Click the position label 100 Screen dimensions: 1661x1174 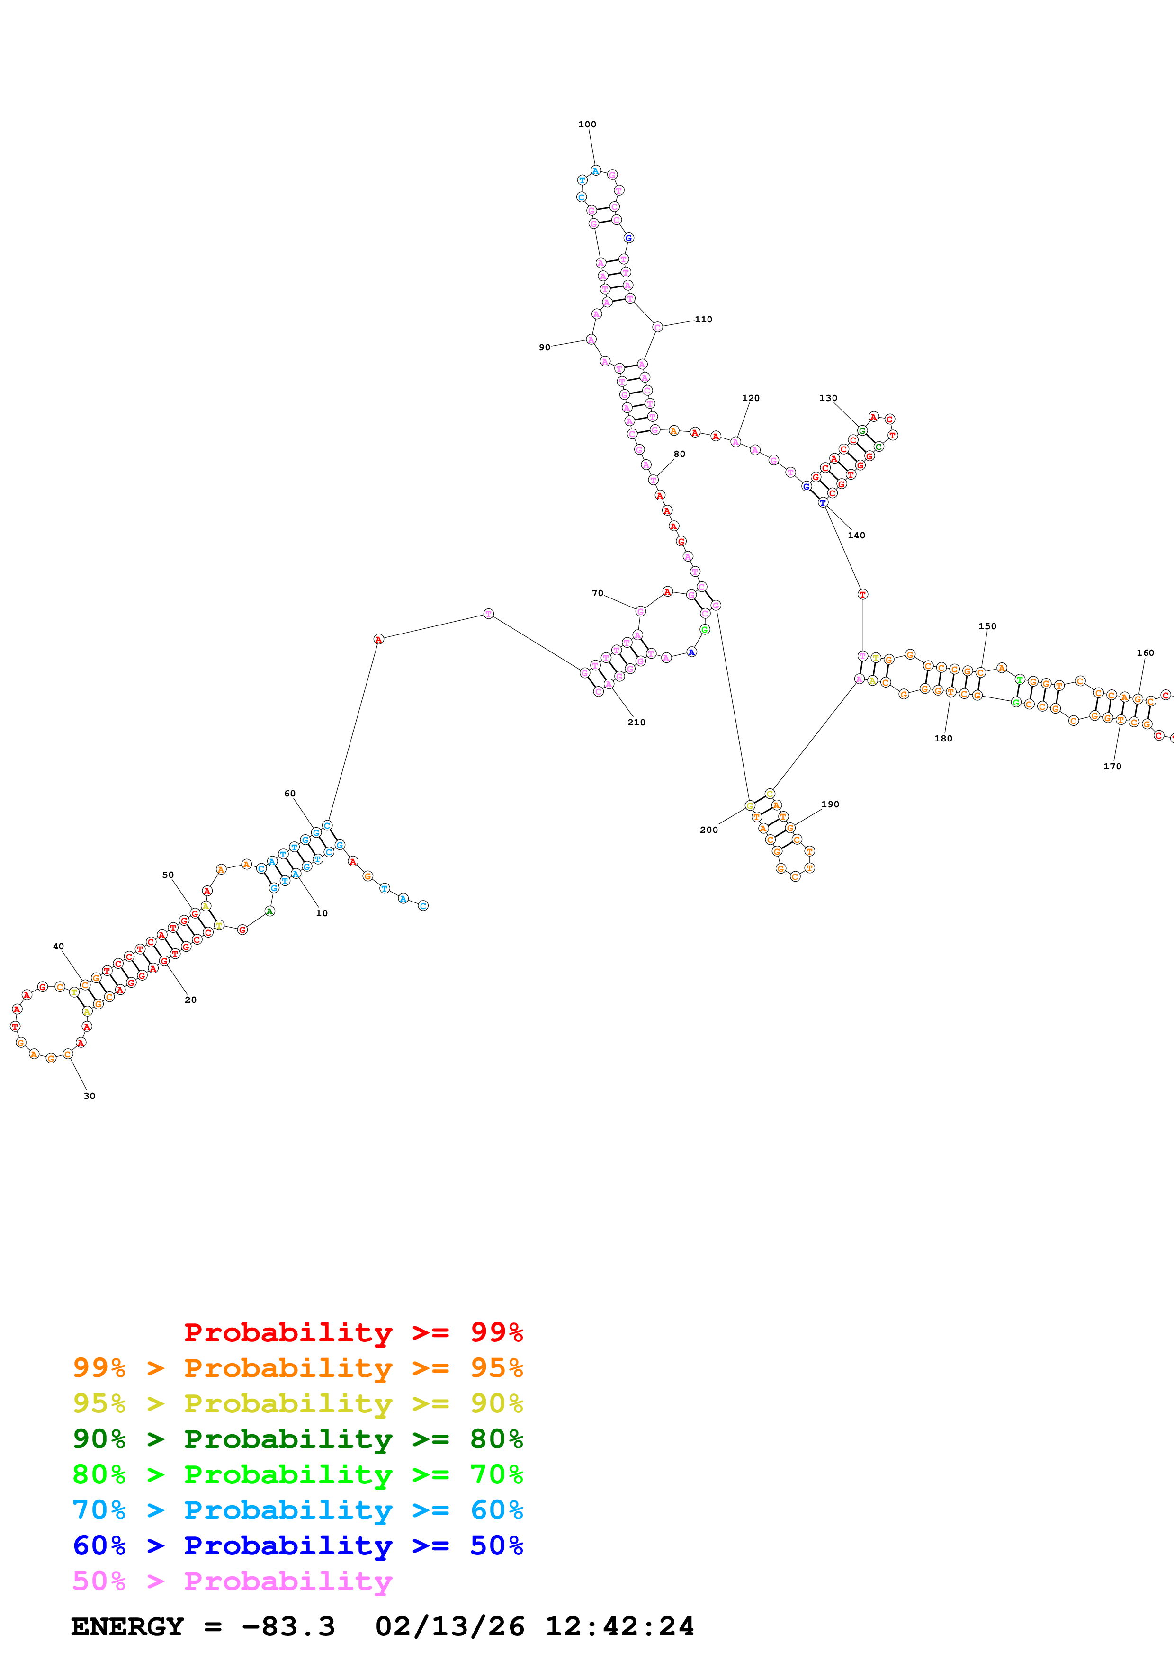587,125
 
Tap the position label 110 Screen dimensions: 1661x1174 703,319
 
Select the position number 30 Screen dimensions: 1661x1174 89,1096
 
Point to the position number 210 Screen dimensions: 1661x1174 636,722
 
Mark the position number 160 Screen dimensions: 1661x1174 1145,652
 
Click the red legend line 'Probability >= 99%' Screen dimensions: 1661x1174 353,1332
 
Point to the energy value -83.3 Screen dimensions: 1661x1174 288,1627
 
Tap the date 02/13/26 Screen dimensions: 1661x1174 449,1627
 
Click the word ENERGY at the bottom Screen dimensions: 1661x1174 127,1627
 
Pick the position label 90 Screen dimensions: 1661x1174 544,347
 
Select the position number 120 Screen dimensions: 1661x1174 750,398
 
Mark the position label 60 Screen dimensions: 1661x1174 289,794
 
